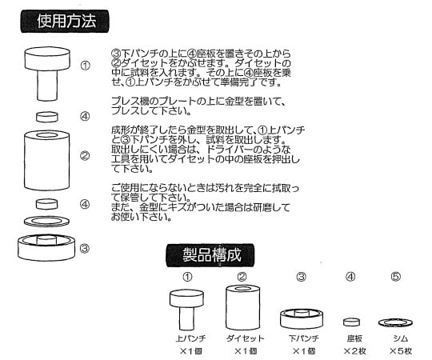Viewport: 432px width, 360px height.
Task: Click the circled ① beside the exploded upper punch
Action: pos(85,66)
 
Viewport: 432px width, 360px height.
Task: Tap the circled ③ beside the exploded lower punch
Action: pos(85,249)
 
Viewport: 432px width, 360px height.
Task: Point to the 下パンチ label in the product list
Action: pos(302,338)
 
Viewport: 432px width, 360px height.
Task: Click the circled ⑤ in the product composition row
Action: pos(395,277)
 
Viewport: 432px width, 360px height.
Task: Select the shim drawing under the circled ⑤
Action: pos(395,322)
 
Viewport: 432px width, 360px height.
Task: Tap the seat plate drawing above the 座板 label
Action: pos(350,322)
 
